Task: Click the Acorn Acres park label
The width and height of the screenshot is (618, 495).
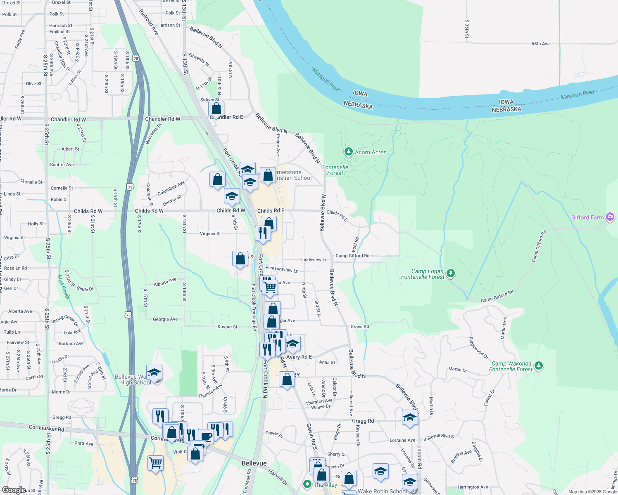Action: [370, 152]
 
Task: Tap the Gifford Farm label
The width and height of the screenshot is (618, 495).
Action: [587, 217]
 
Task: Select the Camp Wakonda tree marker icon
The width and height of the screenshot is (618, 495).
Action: [538, 365]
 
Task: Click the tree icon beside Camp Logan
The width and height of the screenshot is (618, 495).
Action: [451, 273]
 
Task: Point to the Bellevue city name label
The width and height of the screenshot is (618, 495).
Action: [254, 463]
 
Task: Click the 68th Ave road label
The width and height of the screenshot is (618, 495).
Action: [540, 44]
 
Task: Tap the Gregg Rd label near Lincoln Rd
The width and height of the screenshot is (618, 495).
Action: [363, 421]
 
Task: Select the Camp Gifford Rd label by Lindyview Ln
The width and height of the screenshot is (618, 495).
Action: [352, 256]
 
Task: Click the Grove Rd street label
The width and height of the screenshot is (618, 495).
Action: [359, 327]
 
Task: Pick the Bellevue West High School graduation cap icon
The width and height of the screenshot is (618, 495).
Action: [154, 372]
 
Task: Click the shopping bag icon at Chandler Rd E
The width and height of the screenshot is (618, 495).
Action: [216, 109]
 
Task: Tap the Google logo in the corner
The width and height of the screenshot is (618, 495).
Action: [14, 490]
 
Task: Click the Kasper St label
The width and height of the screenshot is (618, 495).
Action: [227, 327]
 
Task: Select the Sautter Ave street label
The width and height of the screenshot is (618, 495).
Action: [62, 165]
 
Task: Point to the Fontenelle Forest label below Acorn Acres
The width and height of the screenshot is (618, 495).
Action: [335, 170]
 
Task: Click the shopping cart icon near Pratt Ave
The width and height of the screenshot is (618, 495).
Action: [156, 462]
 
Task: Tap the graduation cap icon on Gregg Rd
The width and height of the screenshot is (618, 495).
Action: [409, 417]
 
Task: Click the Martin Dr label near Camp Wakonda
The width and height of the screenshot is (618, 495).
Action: [457, 370]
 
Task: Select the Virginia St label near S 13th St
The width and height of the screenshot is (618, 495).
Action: [210, 233]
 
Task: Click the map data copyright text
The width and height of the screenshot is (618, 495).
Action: [592, 492]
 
